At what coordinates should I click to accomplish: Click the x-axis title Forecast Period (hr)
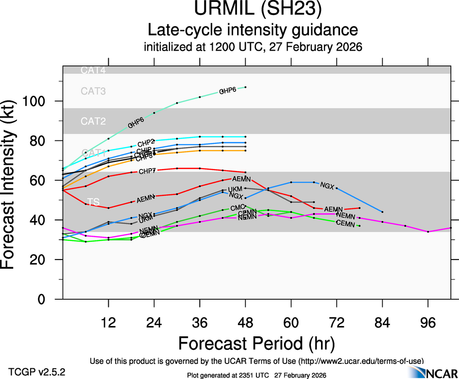[x=256, y=343]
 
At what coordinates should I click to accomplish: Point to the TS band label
[x=92, y=202]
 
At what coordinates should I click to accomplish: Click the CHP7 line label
[x=147, y=172]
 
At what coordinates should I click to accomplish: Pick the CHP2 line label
[x=146, y=143]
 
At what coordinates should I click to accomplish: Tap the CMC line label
[x=237, y=208]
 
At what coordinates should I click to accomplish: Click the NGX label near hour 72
[x=327, y=186]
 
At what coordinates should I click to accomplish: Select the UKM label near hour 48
[x=235, y=189]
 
